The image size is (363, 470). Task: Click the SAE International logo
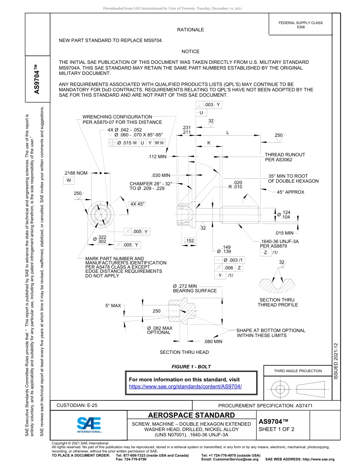pyautogui.click(x=89, y=425)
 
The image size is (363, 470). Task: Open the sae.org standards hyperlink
pyautogui.click(x=186, y=386)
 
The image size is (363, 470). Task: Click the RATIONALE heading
pyautogui.click(x=190, y=30)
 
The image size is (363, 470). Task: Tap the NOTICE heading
pyautogui.click(x=190, y=52)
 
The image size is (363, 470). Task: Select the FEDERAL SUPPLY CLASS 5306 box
pyautogui.click(x=300, y=25)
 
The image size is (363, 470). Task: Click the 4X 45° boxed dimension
pyautogui.click(x=138, y=204)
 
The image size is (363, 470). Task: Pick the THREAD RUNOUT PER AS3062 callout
pyautogui.click(x=285, y=157)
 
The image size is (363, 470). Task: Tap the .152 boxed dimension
pyautogui.click(x=189, y=241)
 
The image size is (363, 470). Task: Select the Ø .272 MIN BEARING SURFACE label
pyautogui.click(x=194, y=288)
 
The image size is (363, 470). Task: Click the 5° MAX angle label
pyautogui.click(x=113, y=306)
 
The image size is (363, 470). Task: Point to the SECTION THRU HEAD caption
pyautogui.click(x=184, y=352)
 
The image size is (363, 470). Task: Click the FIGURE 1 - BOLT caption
pyautogui.click(x=191, y=367)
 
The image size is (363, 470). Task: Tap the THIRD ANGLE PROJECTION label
pyautogui.click(x=298, y=371)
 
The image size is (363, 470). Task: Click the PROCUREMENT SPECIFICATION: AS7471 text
pyautogui.click(x=265, y=406)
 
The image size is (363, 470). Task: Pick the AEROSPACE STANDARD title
pyautogui.click(x=191, y=415)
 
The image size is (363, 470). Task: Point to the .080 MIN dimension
pyautogui.click(x=213, y=342)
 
